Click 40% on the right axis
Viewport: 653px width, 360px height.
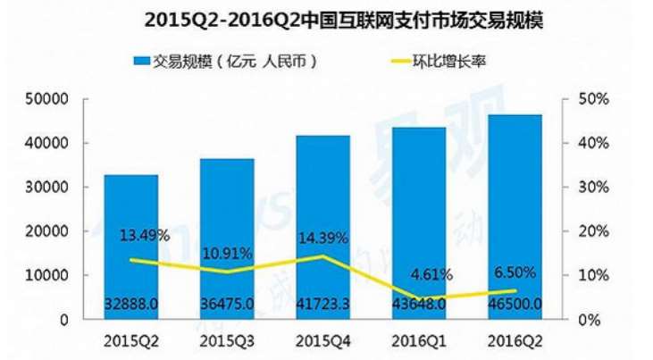(x=594, y=143)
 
